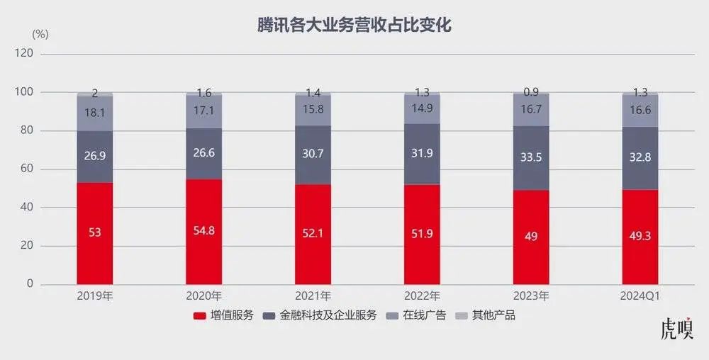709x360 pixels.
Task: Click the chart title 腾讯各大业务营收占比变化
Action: point(354,26)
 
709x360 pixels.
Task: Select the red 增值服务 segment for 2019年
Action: point(95,232)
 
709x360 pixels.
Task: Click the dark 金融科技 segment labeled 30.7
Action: point(313,154)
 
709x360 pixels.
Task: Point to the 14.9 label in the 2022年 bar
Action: point(423,108)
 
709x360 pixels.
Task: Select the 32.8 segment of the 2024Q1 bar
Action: point(640,158)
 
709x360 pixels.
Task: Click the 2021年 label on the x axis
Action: point(313,296)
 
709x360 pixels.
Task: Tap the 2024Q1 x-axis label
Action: point(640,296)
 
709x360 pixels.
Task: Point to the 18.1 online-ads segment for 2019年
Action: point(95,112)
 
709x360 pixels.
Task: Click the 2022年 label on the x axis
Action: point(423,296)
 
